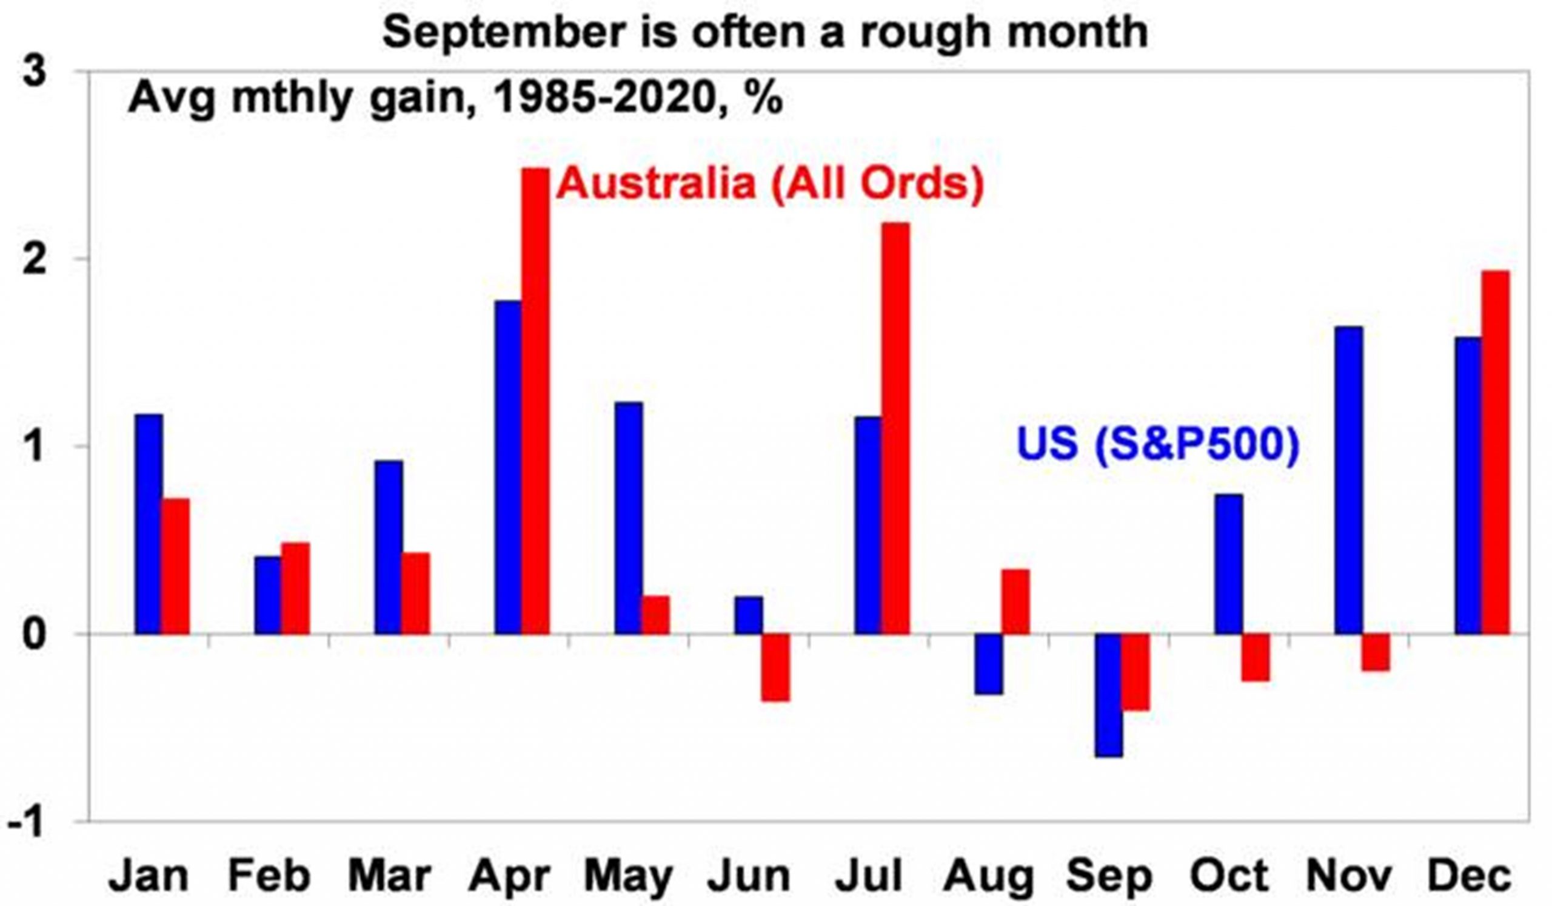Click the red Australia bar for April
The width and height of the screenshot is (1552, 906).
(x=535, y=401)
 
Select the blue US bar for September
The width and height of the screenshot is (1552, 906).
(x=1108, y=695)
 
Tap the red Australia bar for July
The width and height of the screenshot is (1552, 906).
(x=895, y=428)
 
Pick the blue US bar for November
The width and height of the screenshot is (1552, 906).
(x=1348, y=480)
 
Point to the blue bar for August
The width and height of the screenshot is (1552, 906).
(x=988, y=664)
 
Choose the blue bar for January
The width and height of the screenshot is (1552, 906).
(x=149, y=524)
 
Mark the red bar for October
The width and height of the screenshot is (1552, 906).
(x=1255, y=657)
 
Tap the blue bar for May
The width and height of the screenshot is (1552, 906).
(x=629, y=518)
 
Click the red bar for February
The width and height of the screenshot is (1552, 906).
(x=296, y=588)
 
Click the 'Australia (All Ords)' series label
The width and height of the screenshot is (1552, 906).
(x=770, y=184)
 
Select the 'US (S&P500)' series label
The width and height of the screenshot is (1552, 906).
(x=1157, y=444)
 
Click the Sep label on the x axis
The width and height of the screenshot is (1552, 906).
(x=1109, y=876)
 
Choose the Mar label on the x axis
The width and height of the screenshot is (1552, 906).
(x=389, y=876)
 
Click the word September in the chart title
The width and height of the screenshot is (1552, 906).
(x=504, y=32)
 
